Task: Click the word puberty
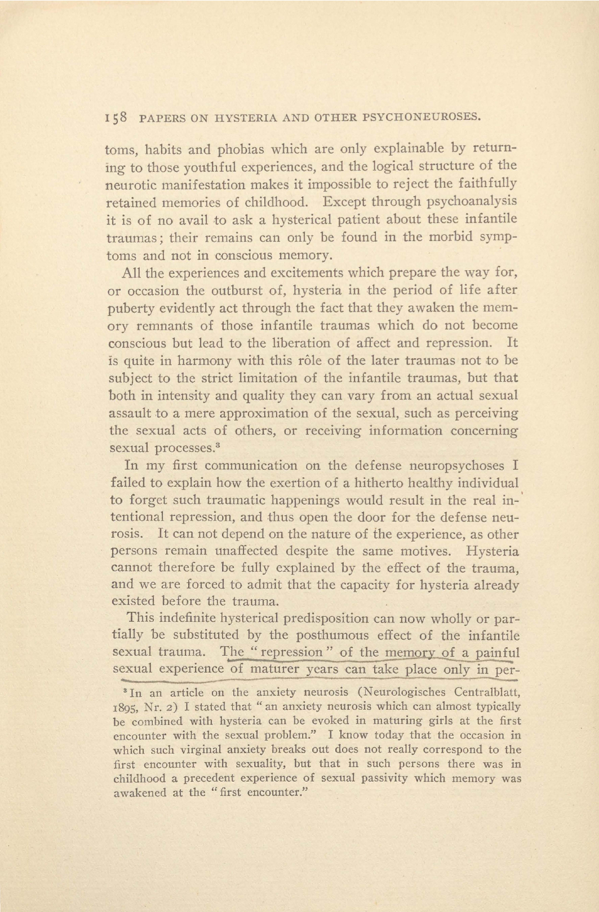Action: pyautogui.click(x=129, y=309)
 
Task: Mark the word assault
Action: pyautogui.click(x=130, y=413)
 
